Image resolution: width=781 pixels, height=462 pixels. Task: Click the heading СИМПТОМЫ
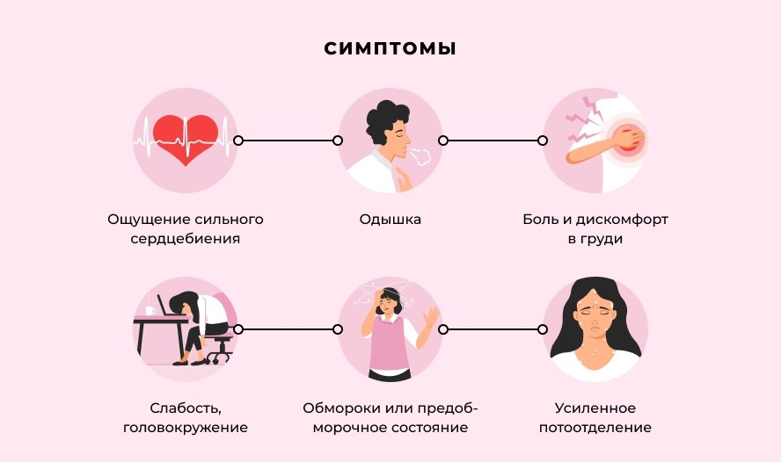coord(390,48)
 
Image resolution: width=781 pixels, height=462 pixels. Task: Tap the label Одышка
coord(390,220)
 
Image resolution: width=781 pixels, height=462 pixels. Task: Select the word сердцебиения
coord(186,239)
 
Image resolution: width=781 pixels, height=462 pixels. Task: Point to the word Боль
coord(540,220)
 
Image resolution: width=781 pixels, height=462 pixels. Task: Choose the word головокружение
coord(186,428)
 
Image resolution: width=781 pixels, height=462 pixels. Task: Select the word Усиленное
coord(595,408)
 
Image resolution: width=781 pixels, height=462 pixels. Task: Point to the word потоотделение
coord(595,428)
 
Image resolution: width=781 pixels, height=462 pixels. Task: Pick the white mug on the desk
coord(150,311)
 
